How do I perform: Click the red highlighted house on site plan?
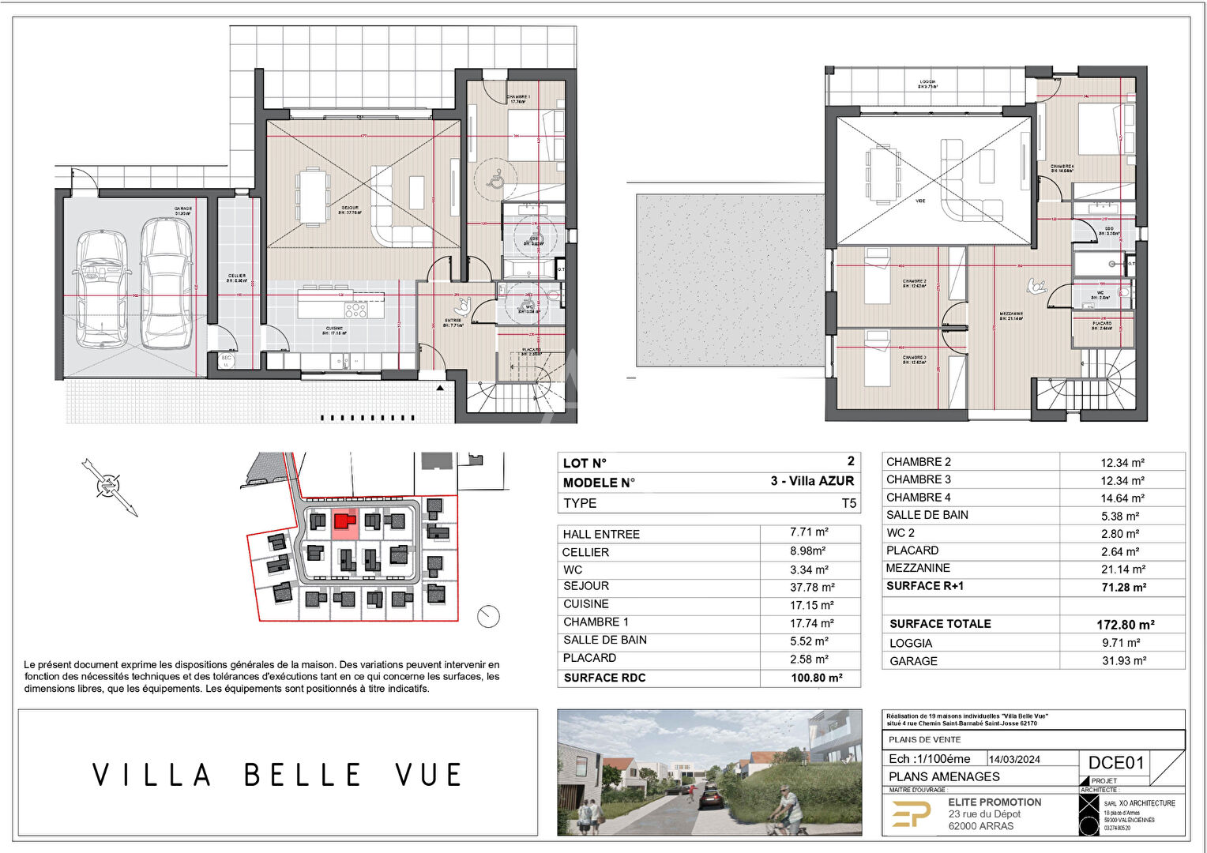click(x=342, y=521)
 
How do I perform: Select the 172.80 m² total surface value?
click(x=1126, y=625)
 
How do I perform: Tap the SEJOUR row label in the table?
click(x=586, y=586)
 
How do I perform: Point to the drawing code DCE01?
click(x=1116, y=762)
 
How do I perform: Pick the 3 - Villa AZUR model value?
click(x=812, y=481)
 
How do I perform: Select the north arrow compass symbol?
click(x=109, y=487)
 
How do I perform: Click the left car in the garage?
click(x=101, y=288)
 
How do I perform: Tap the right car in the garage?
click(x=167, y=284)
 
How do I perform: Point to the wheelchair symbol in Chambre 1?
click(x=495, y=180)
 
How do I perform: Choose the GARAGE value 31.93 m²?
click(x=1123, y=661)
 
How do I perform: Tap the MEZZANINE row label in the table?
click(x=918, y=568)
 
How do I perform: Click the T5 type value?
click(x=848, y=503)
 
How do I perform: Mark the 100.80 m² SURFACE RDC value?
click(x=816, y=678)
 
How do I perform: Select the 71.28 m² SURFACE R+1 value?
click(x=1123, y=588)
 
